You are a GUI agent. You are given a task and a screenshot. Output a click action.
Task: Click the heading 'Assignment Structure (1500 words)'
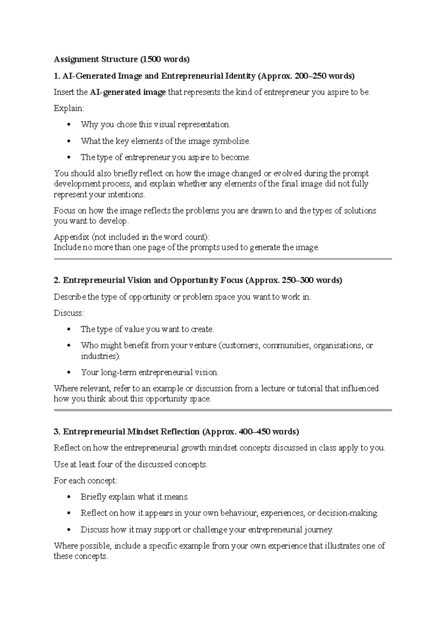[122, 59]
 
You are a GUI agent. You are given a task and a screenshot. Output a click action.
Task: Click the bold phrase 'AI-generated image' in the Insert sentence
[127, 92]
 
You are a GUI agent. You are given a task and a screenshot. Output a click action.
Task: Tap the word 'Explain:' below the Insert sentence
[69, 108]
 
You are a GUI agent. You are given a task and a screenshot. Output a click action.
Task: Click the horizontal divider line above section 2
[223, 259]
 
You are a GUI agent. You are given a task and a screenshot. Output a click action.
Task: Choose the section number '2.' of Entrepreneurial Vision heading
[57, 280]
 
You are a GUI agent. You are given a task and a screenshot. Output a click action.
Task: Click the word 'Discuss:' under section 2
[69, 313]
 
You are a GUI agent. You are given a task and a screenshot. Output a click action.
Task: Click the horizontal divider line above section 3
[223, 410]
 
